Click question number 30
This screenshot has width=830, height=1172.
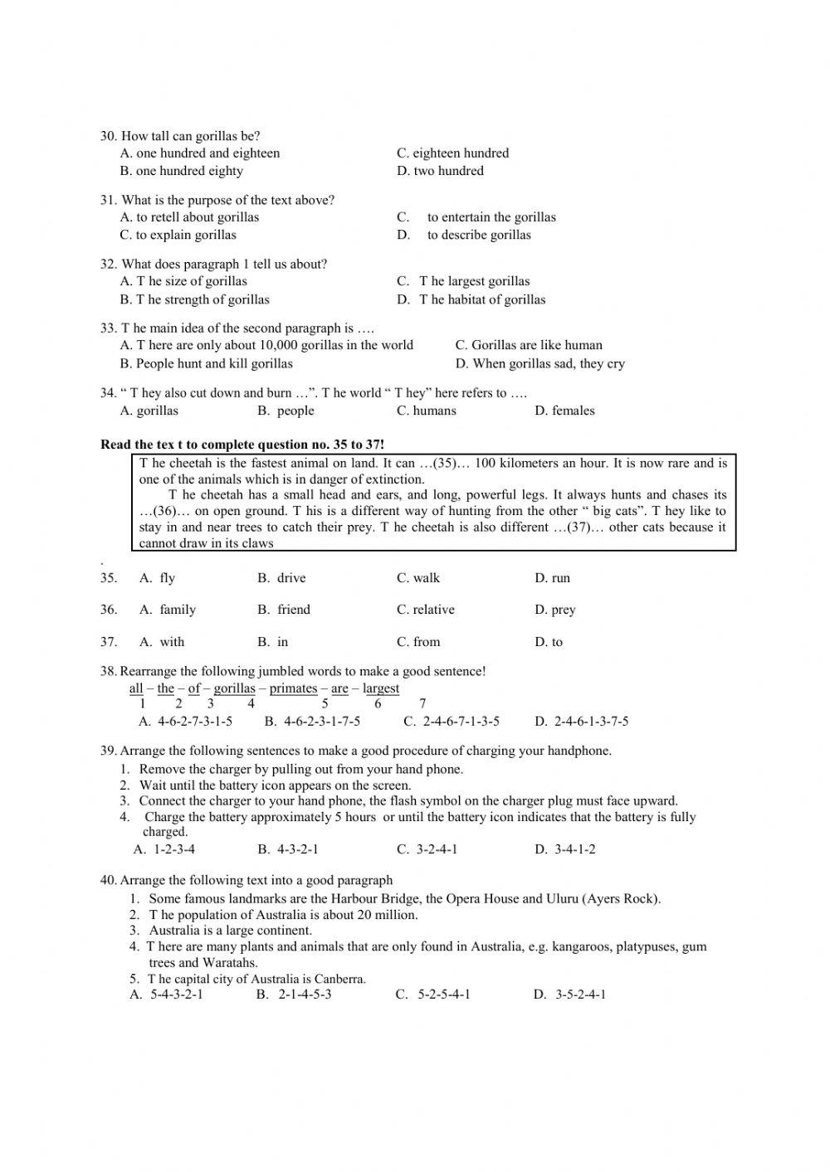point(109,136)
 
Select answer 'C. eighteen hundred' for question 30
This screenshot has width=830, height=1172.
point(452,153)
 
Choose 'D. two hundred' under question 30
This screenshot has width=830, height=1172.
point(440,171)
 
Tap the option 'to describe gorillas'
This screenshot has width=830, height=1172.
point(479,235)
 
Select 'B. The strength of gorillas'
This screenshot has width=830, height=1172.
point(194,299)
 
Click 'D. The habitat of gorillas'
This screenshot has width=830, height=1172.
point(471,299)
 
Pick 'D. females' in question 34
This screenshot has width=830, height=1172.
point(564,411)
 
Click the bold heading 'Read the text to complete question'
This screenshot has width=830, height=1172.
point(242,445)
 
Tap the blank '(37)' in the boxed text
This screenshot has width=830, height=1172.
point(580,528)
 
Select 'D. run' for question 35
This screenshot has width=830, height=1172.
point(552,578)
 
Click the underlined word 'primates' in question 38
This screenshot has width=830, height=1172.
point(293,688)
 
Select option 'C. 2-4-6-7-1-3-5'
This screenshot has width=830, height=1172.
point(452,722)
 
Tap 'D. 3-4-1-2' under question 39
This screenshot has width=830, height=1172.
point(564,849)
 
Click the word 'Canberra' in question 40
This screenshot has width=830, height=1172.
point(339,979)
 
